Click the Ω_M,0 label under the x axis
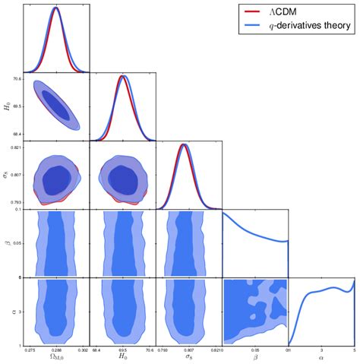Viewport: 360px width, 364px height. click(x=56, y=358)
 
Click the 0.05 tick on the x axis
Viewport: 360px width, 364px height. click(x=255, y=350)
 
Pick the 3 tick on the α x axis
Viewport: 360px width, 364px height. click(x=321, y=350)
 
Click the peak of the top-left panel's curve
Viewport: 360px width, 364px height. click(x=56, y=8)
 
